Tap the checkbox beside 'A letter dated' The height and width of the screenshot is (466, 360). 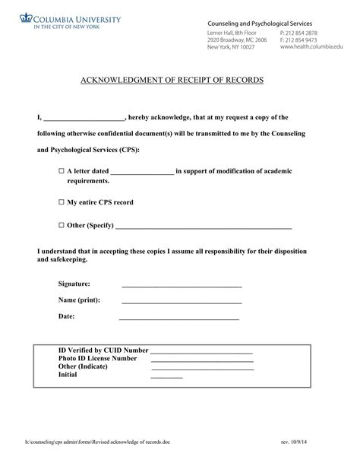coord(62,172)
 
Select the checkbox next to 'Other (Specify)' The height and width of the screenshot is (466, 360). coord(62,226)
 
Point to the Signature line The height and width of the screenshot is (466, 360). coord(182,286)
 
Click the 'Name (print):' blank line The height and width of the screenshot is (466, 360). coord(182,302)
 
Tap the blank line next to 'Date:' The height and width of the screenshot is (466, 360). coord(179,318)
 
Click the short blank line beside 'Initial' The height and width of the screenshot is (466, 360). coord(167,376)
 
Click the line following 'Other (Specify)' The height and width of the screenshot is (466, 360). coord(203,227)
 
